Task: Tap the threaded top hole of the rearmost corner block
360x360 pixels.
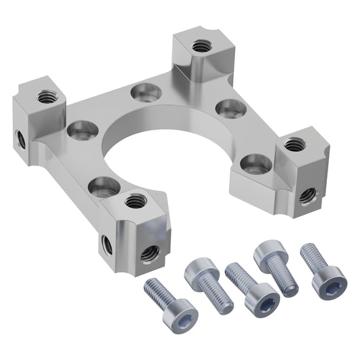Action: pos(199,46)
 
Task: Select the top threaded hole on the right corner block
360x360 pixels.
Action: pos(294,144)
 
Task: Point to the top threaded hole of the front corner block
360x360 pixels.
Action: pos(136,200)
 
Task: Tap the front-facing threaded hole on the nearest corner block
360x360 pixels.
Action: pos(149,254)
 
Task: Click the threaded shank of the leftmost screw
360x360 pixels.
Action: pos(157,293)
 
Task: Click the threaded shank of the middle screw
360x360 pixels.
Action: pos(238,276)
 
